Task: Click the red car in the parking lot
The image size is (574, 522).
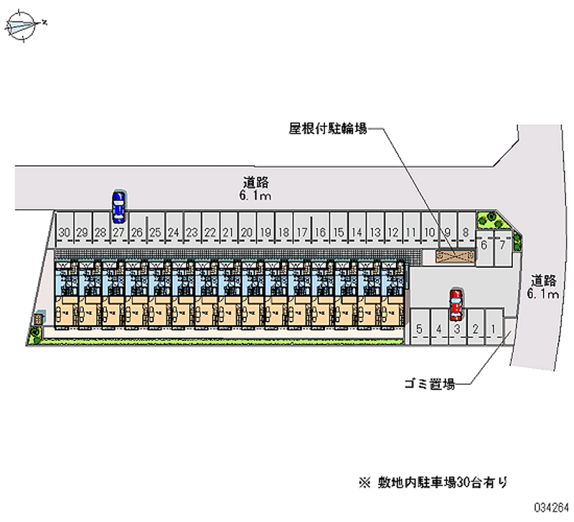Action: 455,305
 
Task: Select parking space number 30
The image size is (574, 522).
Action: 65,232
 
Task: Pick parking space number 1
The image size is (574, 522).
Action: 494,330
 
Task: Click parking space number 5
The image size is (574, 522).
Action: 419,330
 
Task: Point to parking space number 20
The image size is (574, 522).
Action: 247,232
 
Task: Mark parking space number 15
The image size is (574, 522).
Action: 338,232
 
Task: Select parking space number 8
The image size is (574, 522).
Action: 466,232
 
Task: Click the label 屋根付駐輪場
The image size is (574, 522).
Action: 328,129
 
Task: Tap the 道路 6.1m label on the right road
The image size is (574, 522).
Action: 542,286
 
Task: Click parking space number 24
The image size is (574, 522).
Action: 174,232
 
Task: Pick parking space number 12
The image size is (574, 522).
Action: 392,232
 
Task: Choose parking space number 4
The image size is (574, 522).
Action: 438,330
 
